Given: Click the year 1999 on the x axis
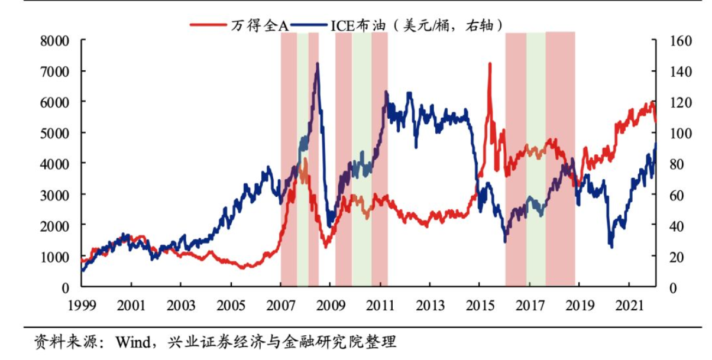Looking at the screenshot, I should click(82, 306).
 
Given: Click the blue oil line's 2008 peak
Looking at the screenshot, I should click(318, 64).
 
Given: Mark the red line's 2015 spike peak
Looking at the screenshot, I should click(490, 63).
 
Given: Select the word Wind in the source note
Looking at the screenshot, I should click(131, 342).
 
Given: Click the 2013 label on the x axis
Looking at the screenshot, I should click(431, 306).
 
